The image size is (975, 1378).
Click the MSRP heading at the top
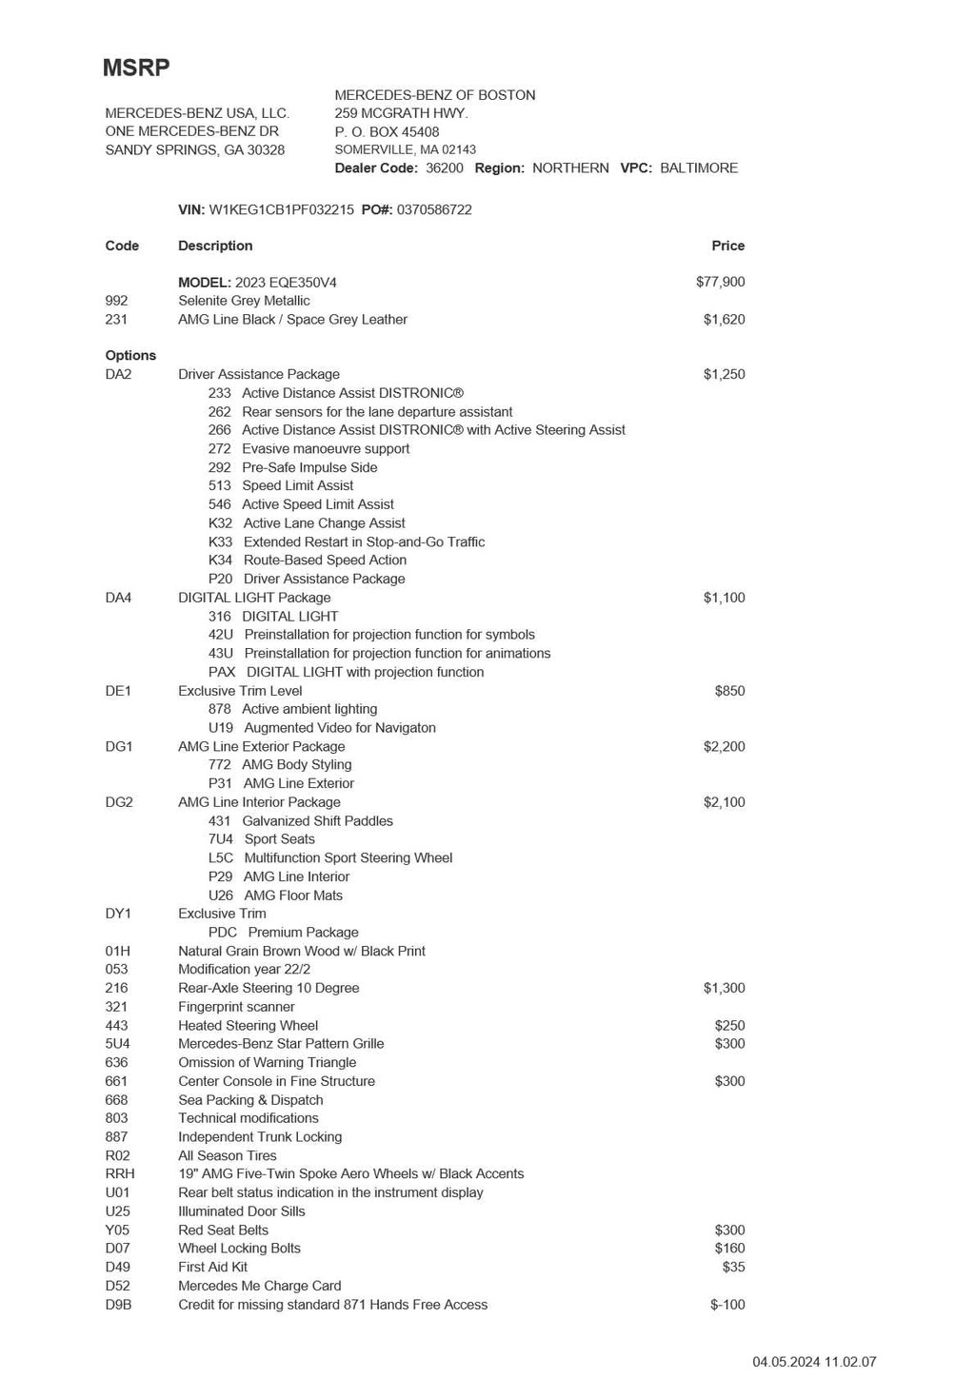(136, 68)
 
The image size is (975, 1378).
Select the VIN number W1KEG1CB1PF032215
(281, 209)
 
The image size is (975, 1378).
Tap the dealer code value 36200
(444, 168)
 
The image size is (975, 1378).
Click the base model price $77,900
(720, 282)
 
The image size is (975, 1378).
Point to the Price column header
(727, 246)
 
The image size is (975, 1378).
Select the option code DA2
(118, 374)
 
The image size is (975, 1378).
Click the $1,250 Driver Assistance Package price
(724, 374)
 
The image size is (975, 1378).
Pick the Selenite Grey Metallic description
(244, 301)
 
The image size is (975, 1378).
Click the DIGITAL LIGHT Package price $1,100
(724, 598)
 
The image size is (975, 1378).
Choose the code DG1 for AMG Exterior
(118, 746)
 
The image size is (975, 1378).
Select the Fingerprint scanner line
(236, 1007)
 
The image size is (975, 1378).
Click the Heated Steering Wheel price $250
(729, 1025)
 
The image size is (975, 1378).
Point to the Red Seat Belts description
(223, 1230)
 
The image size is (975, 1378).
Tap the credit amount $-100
(727, 1305)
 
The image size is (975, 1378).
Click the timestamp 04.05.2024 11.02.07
(814, 1362)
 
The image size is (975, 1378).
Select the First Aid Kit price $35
(733, 1267)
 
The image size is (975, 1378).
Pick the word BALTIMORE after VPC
(699, 168)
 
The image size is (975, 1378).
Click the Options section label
(130, 356)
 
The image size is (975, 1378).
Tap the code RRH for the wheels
(120, 1173)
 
